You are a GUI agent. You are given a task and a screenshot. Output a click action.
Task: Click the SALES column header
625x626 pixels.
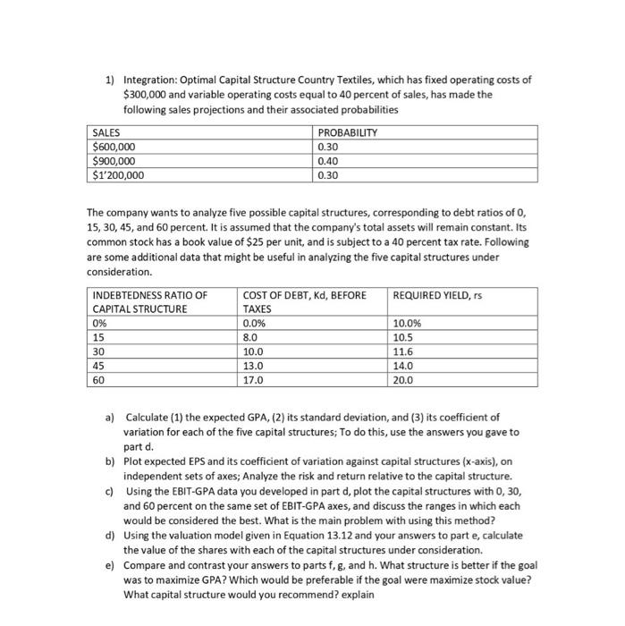click(107, 132)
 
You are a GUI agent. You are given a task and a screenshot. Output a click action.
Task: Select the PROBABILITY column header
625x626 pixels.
click(348, 132)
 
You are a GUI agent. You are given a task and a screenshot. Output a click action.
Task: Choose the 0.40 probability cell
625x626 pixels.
click(328, 161)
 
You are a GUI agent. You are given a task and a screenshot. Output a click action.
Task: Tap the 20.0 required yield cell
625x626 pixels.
click(403, 380)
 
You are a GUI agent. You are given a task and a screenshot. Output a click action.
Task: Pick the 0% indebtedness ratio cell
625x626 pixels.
click(100, 324)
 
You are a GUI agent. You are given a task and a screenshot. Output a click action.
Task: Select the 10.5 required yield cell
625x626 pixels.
click(403, 338)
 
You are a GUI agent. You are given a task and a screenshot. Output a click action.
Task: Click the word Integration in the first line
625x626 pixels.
click(148, 80)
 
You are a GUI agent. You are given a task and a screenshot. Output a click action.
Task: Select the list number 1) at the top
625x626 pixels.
click(110, 80)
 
